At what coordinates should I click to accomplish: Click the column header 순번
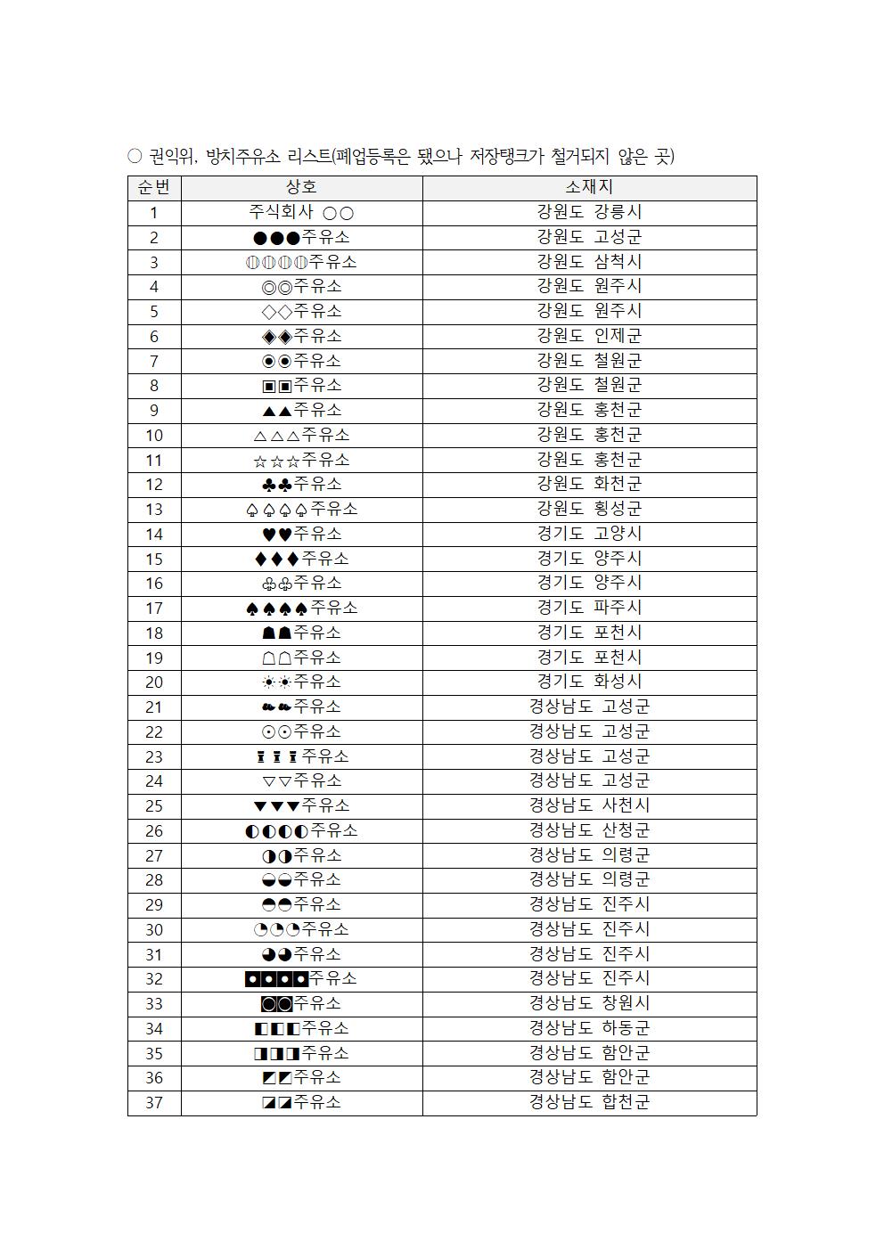pos(154,187)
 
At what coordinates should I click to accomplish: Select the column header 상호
pos(301,187)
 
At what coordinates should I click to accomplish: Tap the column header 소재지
pos(589,187)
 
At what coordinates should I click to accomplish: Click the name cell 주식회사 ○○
pos(301,212)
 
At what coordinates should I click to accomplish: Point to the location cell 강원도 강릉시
pos(589,212)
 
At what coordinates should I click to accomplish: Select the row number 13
pos(154,509)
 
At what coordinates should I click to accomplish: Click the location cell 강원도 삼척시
pos(589,262)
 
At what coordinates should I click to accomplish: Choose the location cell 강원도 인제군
pos(589,336)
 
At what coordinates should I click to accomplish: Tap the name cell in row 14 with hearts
pos(301,534)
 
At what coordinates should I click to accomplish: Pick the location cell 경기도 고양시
pos(589,534)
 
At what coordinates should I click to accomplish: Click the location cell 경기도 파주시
pos(589,608)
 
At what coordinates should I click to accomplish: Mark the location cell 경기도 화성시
pos(589,682)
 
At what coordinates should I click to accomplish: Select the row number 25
pos(154,805)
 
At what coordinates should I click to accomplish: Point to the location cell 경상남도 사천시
pos(589,805)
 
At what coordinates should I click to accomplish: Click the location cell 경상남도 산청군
pos(589,830)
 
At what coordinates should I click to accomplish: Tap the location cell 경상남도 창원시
pos(589,1003)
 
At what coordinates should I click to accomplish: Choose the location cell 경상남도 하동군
pos(589,1028)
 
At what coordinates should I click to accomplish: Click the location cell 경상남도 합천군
pos(589,1102)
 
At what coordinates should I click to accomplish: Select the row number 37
pos(154,1102)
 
